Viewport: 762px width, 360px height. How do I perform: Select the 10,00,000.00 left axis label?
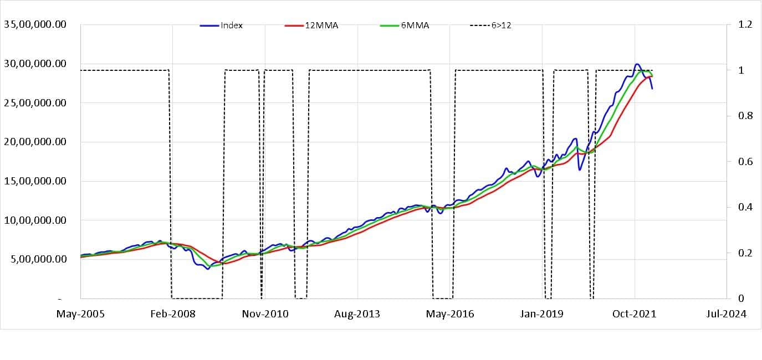[35, 220]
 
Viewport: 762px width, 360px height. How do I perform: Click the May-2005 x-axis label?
[80, 314]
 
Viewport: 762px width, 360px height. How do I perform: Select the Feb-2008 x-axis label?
[173, 314]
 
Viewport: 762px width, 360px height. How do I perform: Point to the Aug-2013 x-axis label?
[357, 314]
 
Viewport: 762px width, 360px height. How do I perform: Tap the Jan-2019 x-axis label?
[543, 314]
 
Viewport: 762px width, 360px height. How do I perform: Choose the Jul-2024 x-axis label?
[727, 314]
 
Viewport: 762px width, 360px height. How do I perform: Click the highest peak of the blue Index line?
[637, 64]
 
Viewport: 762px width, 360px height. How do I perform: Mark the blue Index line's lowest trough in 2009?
[208, 269]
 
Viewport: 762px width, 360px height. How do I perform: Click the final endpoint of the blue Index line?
[652, 89]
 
